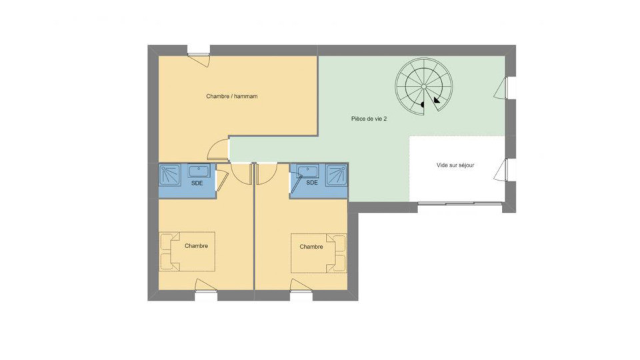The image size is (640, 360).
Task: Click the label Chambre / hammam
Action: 231,97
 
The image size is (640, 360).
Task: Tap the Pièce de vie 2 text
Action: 369,119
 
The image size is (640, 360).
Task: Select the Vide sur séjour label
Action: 455,165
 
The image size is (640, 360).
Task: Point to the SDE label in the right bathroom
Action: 311,183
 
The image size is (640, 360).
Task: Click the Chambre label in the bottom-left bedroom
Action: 196,246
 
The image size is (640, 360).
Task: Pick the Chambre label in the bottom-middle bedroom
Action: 311,247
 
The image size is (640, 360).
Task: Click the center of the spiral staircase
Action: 424,87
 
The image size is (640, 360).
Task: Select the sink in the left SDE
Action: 198,171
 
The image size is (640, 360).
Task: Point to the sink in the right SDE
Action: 307,171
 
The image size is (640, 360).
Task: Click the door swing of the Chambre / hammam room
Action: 218,151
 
